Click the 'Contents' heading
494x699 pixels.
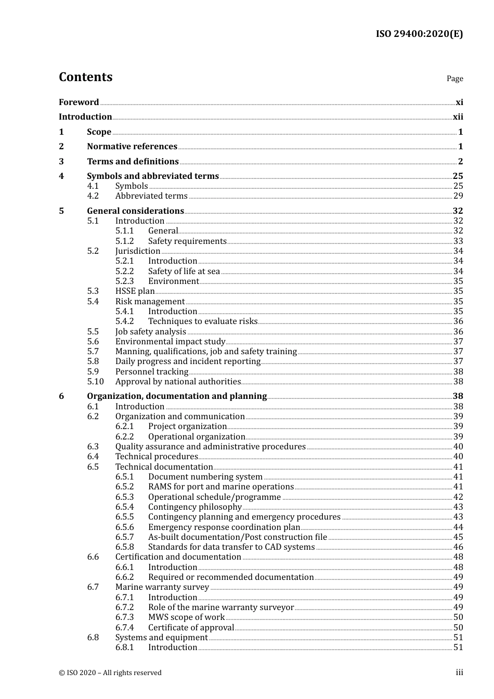click(x=85, y=77)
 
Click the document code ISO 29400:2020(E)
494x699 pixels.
click(x=419, y=34)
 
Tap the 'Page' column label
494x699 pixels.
click(x=454, y=79)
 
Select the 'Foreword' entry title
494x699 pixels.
click(x=79, y=102)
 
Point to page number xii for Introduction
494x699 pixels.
click(x=458, y=117)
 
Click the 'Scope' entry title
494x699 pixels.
click(x=99, y=132)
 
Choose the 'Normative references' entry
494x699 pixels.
click(x=132, y=147)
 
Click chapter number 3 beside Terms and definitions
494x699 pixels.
click(x=61, y=162)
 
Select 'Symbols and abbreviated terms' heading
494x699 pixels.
click(x=153, y=176)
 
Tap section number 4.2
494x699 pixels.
click(x=93, y=196)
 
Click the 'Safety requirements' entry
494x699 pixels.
click(x=187, y=241)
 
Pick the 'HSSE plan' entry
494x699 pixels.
click(x=135, y=291)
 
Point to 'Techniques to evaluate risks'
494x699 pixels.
click(x=203, y=321)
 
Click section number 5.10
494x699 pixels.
click(x=96, y=382)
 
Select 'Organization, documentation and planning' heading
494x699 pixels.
click(x=177, y=396)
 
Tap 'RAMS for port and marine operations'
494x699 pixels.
click(x=221, y=487)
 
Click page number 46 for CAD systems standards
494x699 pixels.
click(x=458, y=547)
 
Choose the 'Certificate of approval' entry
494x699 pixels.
click(x=191, y=628)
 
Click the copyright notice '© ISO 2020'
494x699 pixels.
click(x=110, y=673)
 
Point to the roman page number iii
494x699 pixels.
click(x=459, y=673)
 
